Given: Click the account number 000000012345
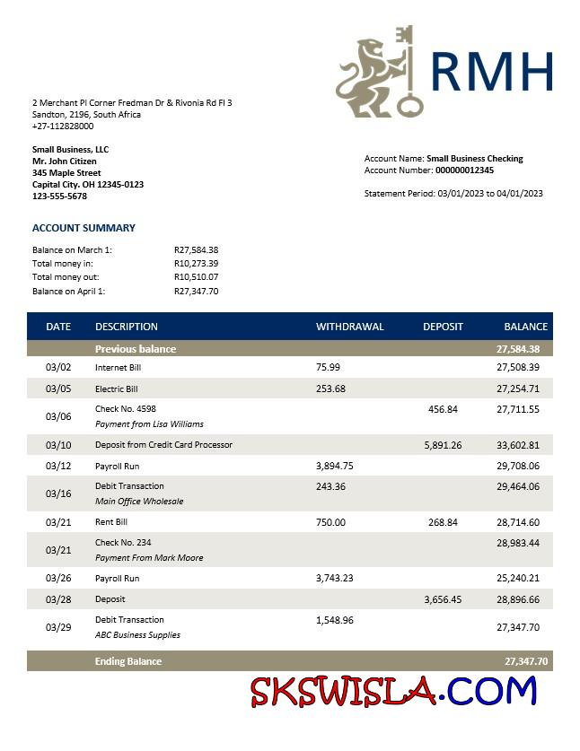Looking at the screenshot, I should (464, 170).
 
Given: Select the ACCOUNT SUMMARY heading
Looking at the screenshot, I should (83, 228).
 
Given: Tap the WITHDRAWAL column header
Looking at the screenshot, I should (349, 327).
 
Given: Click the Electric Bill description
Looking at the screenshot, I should (117, 389).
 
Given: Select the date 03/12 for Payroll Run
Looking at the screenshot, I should (57, 467).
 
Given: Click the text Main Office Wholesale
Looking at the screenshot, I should (138, 502).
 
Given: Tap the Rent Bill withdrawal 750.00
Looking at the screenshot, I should (330, 522).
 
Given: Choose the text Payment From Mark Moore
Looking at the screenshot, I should (149, 558).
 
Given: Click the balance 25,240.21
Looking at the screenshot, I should (517, 579).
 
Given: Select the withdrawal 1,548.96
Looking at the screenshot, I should (335, 620).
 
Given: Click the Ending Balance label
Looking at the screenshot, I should (128, 661).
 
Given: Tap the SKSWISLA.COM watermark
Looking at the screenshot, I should (393, 693).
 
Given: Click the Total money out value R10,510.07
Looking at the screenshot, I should (196, 277).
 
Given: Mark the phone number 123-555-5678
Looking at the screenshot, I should (59, 196).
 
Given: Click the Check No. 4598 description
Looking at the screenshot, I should (126, 409).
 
